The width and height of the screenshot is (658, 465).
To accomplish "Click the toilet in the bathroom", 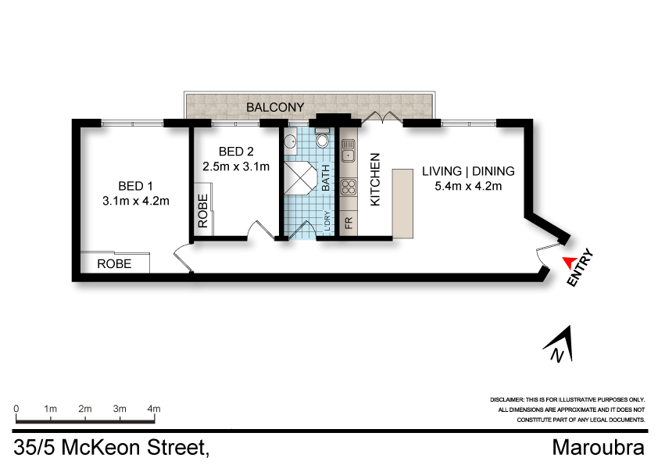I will tap(321, 141).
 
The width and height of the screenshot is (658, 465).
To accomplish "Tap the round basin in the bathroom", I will tap(290, 142).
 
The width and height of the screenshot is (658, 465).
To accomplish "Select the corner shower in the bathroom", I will tap(297, 177).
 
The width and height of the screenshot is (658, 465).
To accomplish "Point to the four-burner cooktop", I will tap(349, 188).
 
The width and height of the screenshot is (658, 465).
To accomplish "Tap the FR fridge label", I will tap(349, 223).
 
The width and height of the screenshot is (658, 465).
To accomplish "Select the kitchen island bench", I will tap(401, 202).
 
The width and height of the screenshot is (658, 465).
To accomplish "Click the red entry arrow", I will tap(569, 263).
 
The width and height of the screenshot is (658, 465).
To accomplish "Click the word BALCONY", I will tap(275, 106).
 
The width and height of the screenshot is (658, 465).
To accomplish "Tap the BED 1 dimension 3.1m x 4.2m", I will tap(136, 201).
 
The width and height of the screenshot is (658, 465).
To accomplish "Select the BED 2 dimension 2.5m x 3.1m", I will tap(235, 166).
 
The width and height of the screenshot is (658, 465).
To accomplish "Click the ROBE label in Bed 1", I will tap(114, 264).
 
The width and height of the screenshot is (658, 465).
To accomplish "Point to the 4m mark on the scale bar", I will tap(154, 409).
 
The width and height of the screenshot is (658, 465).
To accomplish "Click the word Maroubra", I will tap(598, 448).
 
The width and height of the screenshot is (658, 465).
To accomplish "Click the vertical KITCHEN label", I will tap(375, 179).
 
